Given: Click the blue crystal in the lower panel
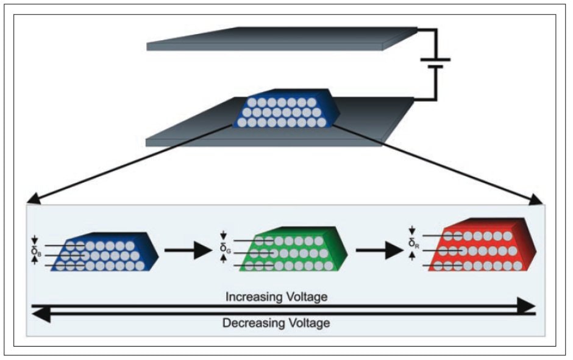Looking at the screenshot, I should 104,251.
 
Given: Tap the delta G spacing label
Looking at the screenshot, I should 224,247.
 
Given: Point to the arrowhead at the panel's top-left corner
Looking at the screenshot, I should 32,199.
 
